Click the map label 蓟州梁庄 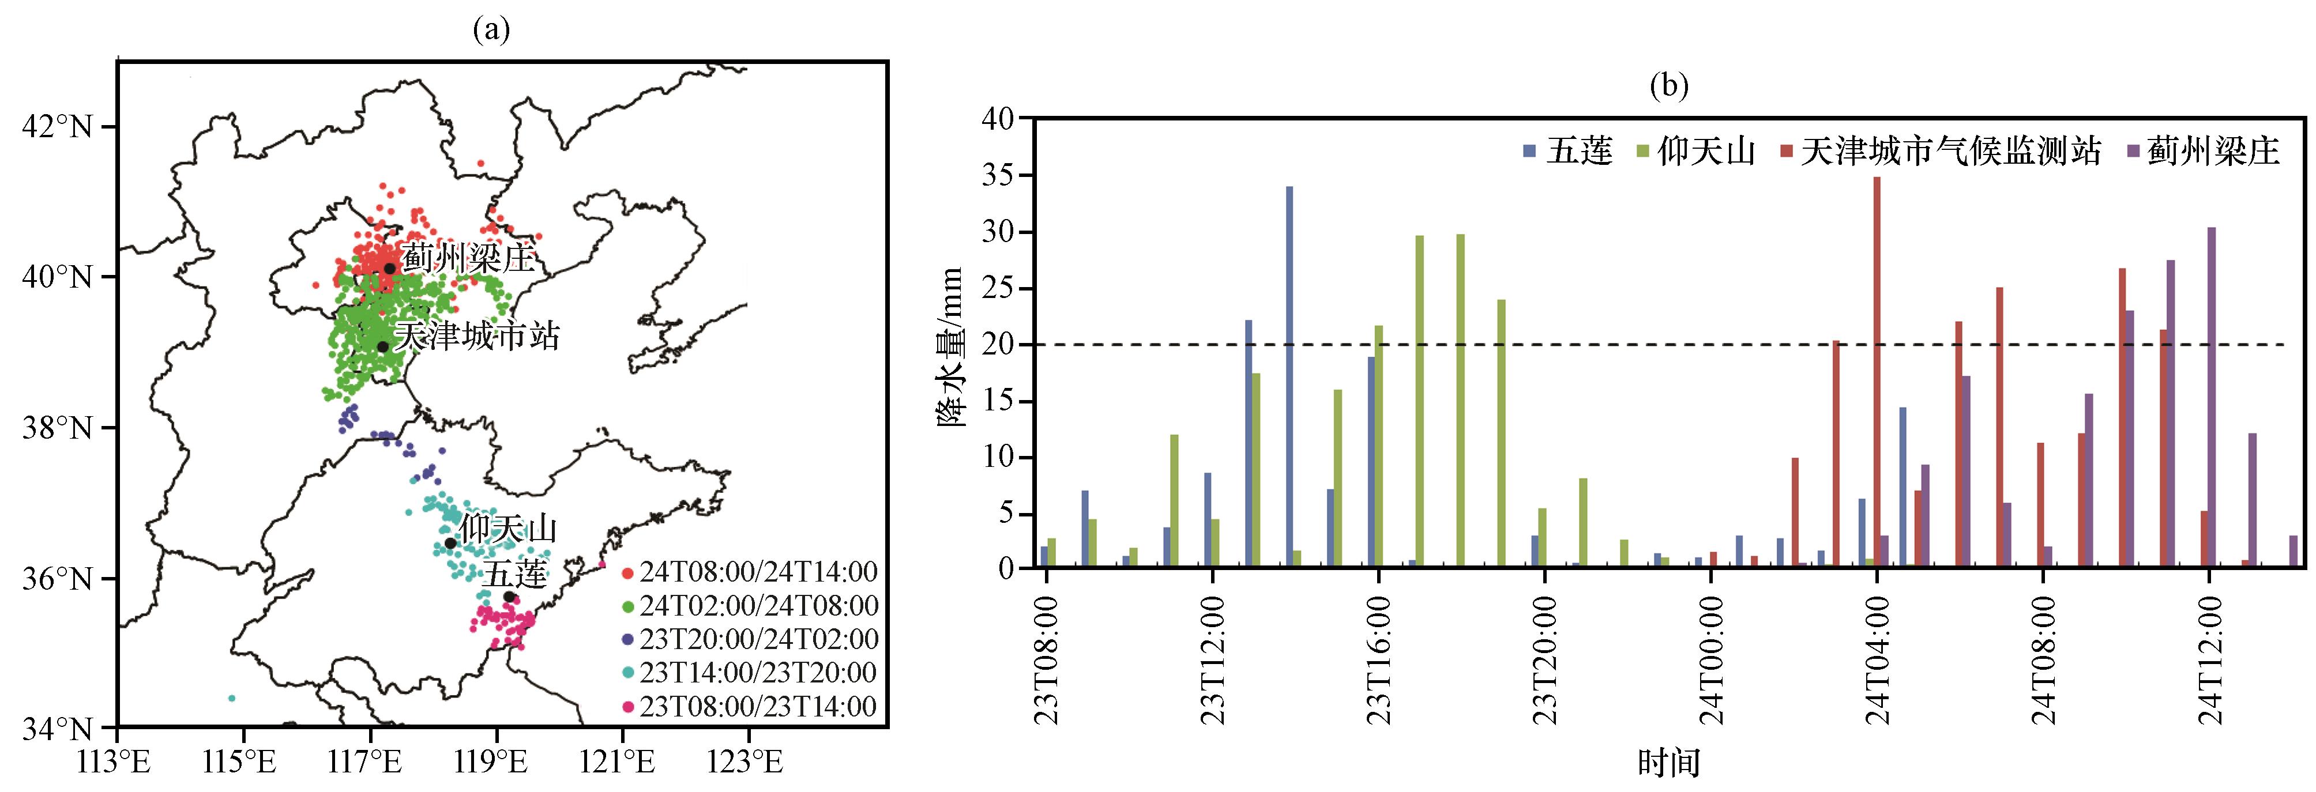[x=468, y=259]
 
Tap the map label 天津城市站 [x=478, y=336]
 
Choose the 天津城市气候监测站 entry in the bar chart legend [x=1940, y=151]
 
